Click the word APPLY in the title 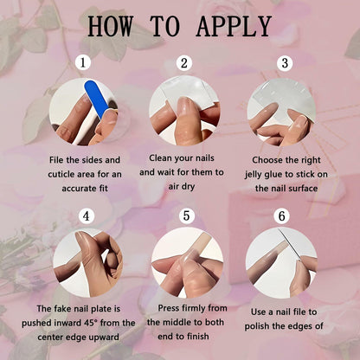[234, 27]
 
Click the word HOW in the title [111, 26]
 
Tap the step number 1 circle [83, 62]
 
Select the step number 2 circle [184, 62]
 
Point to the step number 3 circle [285, 62]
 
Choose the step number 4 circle [87, 216]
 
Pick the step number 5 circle [187, 215]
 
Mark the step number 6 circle [282, 215]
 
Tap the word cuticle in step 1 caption [60, 174]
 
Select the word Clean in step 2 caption [160, 158]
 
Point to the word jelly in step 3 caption [254, 175]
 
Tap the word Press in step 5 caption [169, 308]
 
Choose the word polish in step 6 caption [257, 326]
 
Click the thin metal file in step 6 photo [290, 245]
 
